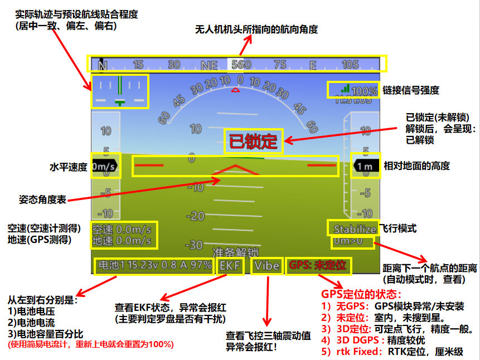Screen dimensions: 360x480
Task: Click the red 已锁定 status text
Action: point(254,142)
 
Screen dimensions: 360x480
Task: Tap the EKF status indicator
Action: point(230,266)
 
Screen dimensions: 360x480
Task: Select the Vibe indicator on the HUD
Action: point(266,266)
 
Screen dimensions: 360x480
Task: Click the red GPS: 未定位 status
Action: point(318,266)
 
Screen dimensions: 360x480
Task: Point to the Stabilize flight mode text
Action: point(355,229)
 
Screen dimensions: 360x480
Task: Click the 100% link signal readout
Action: point(365,90)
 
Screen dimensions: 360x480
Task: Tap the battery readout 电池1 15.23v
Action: point(154,266)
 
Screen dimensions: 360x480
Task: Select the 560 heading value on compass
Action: point(241,64)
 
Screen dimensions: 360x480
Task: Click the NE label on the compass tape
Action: point(209,65)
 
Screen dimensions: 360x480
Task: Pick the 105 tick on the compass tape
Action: point(350,64)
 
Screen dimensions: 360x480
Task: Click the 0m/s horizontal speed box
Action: point(104,166)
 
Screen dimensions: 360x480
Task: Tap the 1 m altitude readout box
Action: point(366,166)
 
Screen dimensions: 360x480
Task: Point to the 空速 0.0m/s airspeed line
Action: point(122,229)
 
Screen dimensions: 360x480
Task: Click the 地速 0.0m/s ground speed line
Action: point(122,241)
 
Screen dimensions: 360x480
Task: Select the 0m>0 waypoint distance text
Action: point(347,242)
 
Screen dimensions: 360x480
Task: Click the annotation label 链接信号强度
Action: point(411,90)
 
